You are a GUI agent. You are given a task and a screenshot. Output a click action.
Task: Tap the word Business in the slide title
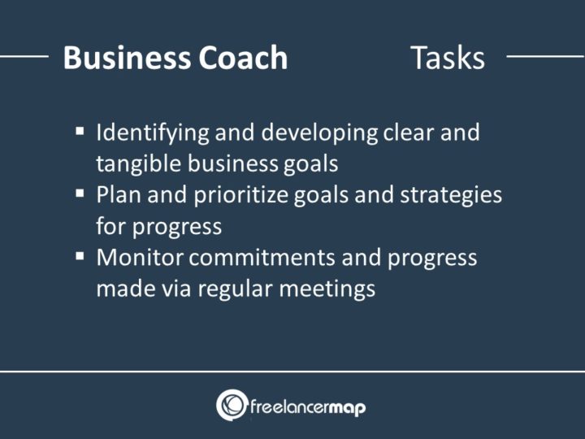pyautogui.click(x=127, y=59)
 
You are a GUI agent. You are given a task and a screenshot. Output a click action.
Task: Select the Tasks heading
pyautogui.click(x=447, y=59)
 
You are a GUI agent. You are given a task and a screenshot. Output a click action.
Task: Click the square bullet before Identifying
pyautogui.click(x=80, y=130)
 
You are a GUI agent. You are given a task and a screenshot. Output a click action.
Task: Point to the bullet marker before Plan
pyautogui.click(x=80, y=193)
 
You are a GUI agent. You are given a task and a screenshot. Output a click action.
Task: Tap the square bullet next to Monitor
pyautogui.click(x=80, y=256)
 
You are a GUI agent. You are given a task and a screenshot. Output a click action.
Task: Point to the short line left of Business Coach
pyautogui.click(x=24, y=58)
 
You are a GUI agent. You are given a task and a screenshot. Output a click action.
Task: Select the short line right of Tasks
pyautogui.click(x=545, y=58)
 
